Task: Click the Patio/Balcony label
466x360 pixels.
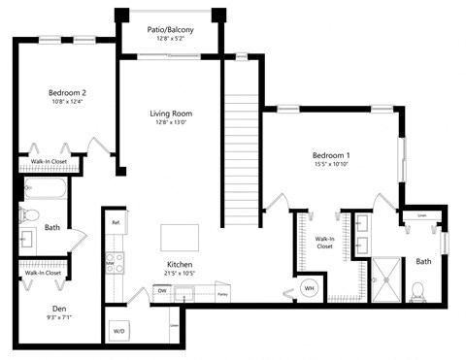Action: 171,30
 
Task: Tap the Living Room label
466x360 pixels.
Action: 171,112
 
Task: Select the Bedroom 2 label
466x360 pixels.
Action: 68,93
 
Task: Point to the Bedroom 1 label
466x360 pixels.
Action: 331,155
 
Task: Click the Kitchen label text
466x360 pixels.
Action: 179,265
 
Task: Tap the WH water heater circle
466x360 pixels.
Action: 309,288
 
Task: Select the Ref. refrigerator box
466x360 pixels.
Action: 116,222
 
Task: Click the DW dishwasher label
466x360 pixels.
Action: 161,289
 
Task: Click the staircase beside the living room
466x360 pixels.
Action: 240,146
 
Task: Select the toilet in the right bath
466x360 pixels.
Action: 418,289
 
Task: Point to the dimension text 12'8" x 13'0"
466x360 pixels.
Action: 171,122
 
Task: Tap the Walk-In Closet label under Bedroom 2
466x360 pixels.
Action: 48,162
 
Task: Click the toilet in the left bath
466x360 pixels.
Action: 29,215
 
